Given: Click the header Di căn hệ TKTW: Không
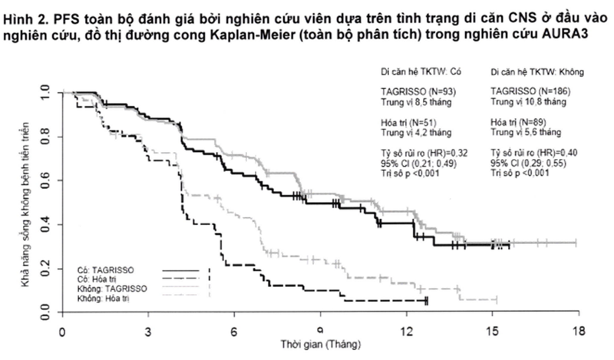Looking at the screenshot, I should click(537, 72).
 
